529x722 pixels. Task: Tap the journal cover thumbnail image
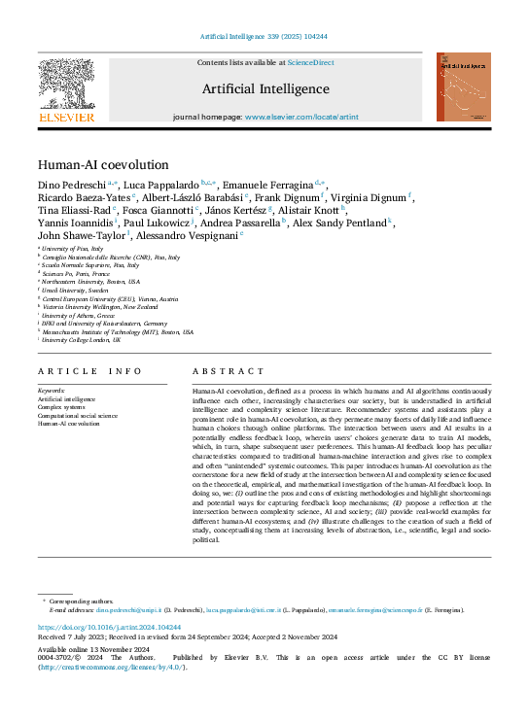pos(463,87)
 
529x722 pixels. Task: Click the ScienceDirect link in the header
pos(310,62)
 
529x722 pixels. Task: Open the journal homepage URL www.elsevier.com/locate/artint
pos(300,117)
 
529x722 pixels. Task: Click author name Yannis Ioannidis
pos(73,223)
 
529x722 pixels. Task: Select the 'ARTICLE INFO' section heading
pos(89,372)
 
